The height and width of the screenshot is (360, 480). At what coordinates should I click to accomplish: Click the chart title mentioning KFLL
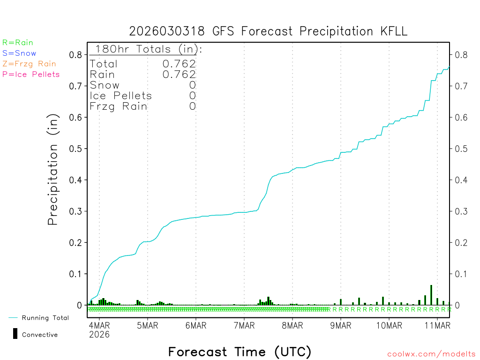click(268, 31)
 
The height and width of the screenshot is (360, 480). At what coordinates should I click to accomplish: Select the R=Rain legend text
click(18, 43)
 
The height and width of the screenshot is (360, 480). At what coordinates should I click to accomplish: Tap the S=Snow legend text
click(19, 53)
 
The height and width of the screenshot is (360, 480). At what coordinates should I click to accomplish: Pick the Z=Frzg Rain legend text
click(29, 64)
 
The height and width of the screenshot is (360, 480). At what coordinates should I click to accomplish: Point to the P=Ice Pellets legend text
click(31, 74)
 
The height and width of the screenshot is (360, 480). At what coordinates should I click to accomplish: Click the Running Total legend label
click(45, 318)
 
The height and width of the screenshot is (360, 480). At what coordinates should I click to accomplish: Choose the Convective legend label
click(40, 335)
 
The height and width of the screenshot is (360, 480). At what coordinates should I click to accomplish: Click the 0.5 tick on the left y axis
click(76, 149)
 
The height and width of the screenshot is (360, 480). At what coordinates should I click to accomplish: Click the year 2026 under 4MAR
click(99, 334)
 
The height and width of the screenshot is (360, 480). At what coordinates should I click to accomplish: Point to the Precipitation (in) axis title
click(53, 170)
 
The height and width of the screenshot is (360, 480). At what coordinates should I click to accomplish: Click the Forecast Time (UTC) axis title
click(240, 352)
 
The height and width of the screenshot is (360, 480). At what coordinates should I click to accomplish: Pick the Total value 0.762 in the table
click(180, 64)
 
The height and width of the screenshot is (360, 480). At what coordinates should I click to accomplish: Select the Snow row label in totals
click(105, 85)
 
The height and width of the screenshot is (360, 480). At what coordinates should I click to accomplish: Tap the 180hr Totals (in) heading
click(146, 49)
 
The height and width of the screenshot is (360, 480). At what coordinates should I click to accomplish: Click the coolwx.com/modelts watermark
click(431, 354)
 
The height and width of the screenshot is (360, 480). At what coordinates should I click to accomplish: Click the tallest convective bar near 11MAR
click(431, 294)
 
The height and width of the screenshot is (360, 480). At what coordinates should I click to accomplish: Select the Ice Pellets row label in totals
click(121, 96)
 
